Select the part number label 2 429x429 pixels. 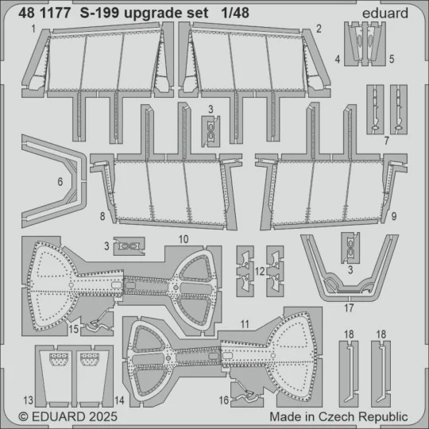pyautogui.click(x=318, y=29)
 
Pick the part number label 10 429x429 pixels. pyautogui.click(x=183, y=238)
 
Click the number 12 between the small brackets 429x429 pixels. pyautogui.click(x=261, y=272)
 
